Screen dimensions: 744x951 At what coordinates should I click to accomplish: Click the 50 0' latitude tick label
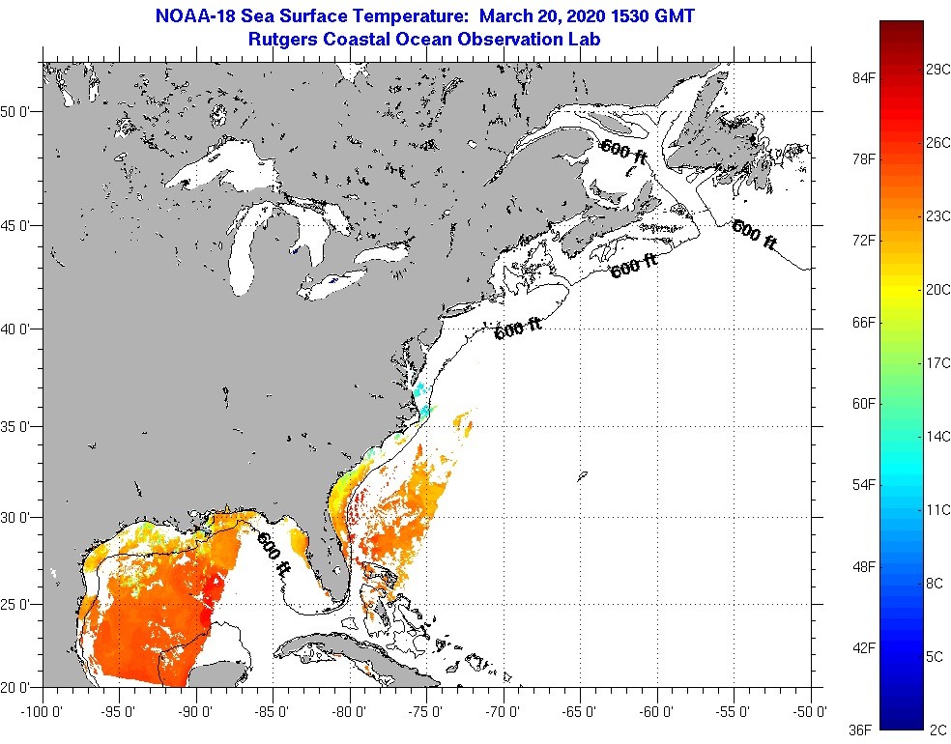[16, 111]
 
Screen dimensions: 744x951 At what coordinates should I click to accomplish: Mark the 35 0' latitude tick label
[16, 425]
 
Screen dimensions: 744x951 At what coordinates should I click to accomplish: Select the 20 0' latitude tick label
[16, 687]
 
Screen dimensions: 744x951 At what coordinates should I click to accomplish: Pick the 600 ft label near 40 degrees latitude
[518, 329]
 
